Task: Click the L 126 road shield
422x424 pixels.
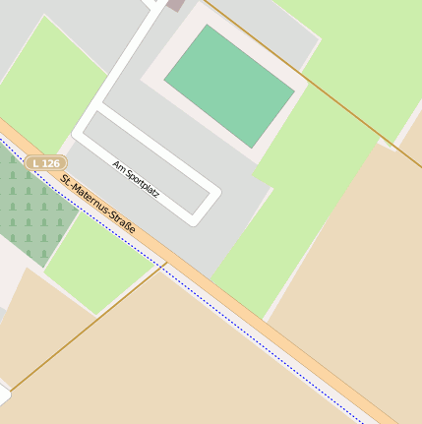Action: (46, 162)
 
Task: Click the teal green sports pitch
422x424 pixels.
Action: (229, 86)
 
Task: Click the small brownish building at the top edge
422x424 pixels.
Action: (175, 4)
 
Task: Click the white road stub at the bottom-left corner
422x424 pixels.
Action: (3, 396)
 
